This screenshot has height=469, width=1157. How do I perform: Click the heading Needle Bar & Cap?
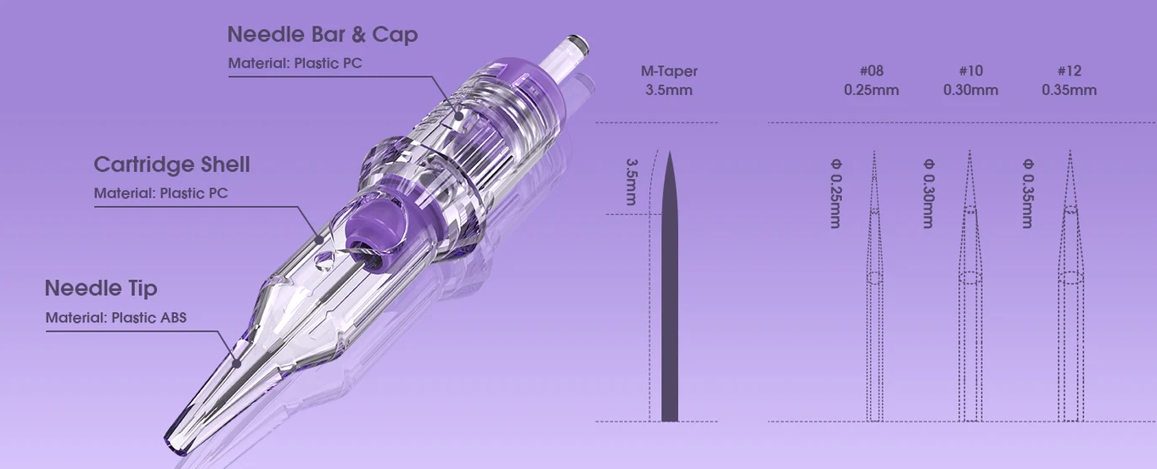coord(323,35)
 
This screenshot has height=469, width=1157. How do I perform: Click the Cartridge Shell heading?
coord(171,165)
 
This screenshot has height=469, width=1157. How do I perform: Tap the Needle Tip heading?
coord(101,288)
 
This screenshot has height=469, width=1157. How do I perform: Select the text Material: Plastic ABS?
coord(115,317)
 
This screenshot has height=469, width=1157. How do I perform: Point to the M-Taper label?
coord(669,71)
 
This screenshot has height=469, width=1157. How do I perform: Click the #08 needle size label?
coord(872,70)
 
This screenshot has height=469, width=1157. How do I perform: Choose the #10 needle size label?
coord(970,70)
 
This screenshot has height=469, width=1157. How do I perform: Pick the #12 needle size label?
coord(1070,70)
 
